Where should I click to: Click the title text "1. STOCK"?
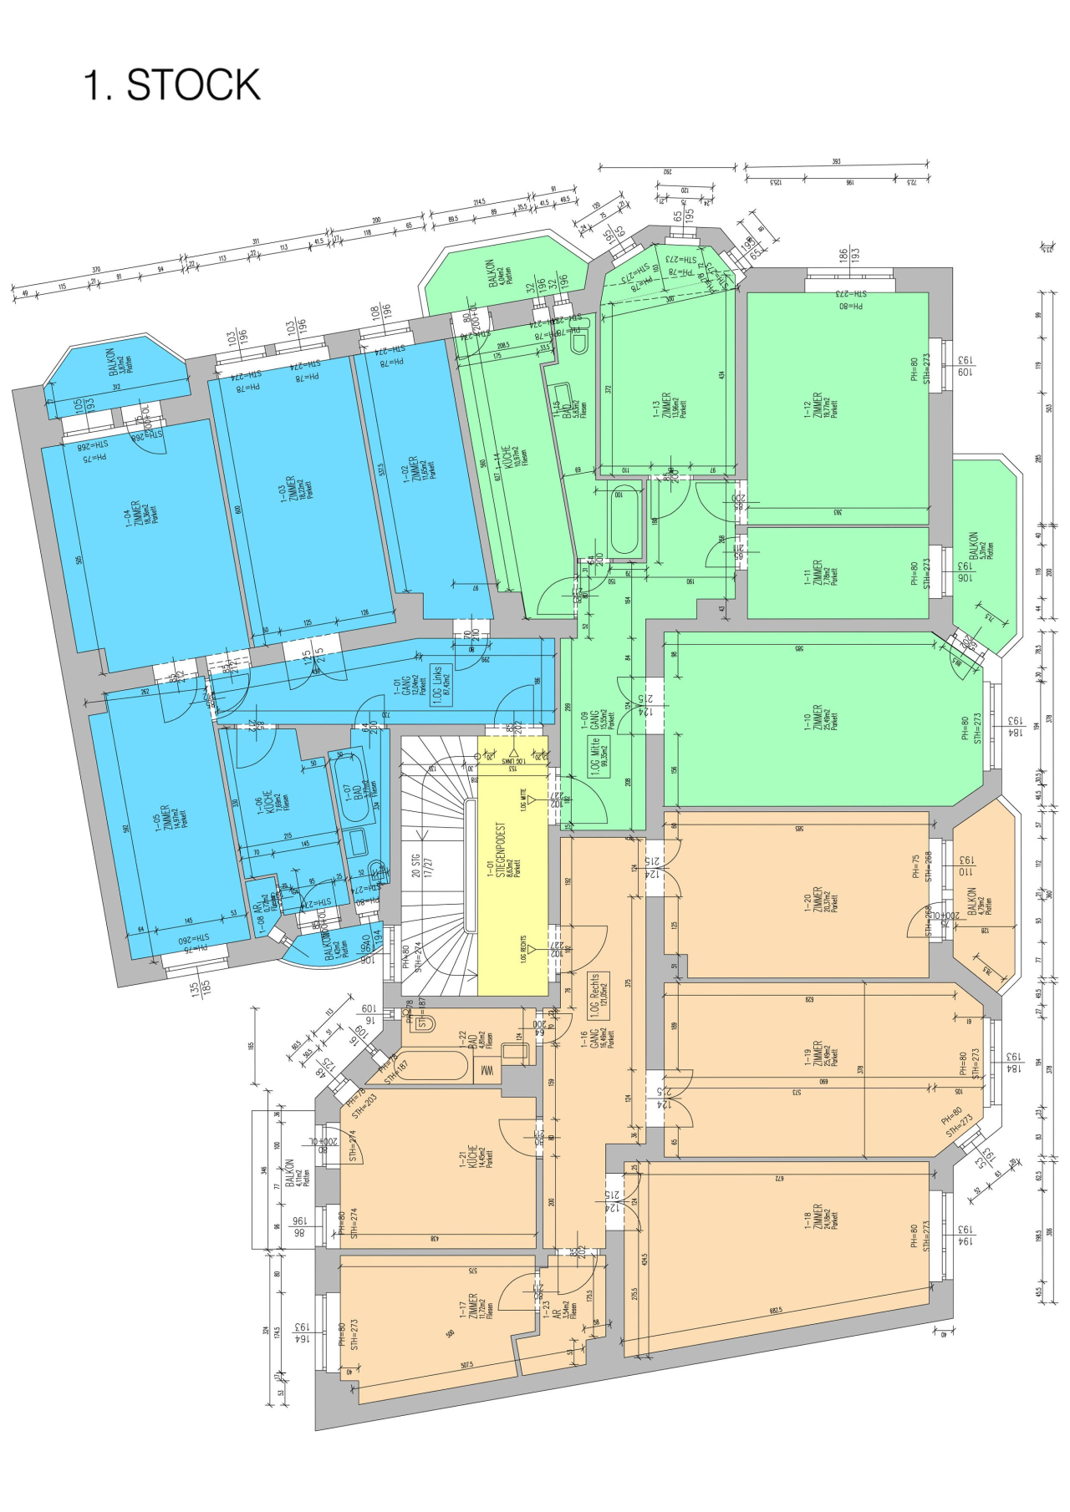point(172,85)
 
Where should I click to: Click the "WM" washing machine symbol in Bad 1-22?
point(486,1070)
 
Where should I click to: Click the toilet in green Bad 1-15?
point(578,341)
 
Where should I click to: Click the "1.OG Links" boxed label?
point(441,685)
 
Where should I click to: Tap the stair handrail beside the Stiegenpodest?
point(470,865)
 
